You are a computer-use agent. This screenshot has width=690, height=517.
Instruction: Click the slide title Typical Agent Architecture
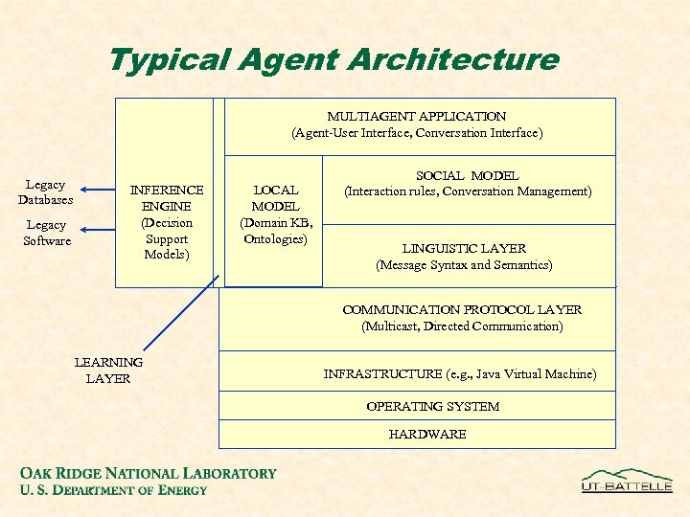333,60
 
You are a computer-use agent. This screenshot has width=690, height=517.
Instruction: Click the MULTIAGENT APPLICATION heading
417,116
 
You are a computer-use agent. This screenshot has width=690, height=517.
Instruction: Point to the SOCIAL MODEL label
467,175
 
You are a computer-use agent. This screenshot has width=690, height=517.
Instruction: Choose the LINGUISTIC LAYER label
464,248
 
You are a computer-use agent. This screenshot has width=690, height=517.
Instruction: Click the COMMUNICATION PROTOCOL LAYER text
462,309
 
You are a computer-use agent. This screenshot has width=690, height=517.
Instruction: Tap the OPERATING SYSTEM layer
432,406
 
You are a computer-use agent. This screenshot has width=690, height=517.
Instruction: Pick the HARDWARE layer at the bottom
427,434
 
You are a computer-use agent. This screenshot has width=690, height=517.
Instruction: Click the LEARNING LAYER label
108,370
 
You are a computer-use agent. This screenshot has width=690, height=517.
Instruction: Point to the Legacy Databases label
45,191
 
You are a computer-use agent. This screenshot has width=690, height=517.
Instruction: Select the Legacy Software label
46,232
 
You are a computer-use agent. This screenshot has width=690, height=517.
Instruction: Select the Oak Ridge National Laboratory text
149,473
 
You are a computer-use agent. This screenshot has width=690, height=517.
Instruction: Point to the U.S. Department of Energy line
113,490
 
